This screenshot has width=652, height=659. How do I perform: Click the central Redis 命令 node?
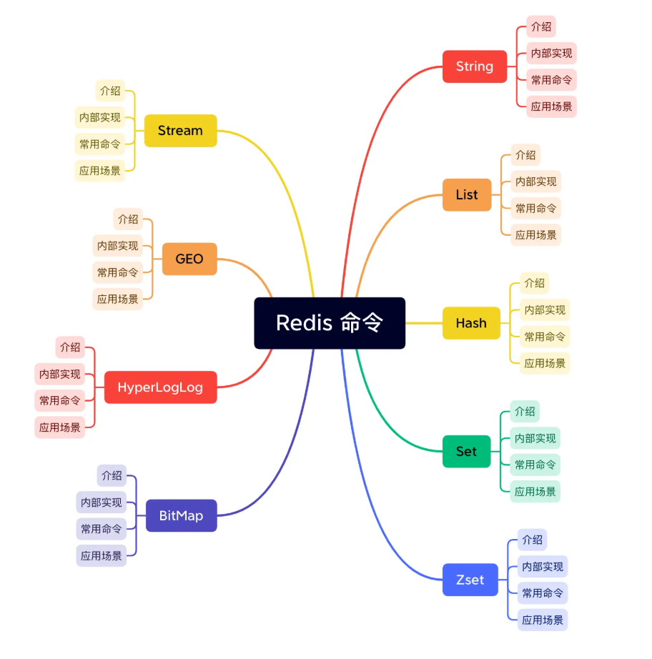pyautogui.click(x=330, y=323)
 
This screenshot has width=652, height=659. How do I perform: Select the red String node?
pyautogui.click(x=475, y=66)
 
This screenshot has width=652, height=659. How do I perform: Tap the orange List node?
pyautogui.click(x=467, y=194)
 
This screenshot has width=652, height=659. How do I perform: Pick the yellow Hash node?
pyautogui.click(x=471, y=323)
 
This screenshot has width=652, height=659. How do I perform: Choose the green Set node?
pyautogui.click(x=466, y=451)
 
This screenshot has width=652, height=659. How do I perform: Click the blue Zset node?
pyautogui.click(x=470, y=580)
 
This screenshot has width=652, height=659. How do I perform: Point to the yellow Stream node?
pyautogui.click(x=180, y=130)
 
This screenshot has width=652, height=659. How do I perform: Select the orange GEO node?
pyautogui.click(x=189, y=259)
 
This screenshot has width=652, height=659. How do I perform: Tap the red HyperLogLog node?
pyautogui.click(x=160, y=387)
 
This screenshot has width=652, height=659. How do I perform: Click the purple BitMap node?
pyautogui.click(x=181, y=515)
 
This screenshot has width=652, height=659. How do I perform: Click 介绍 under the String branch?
pyautogui.click(x=541, y=27)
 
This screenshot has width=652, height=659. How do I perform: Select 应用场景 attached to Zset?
pyautogui.click(x=543, y=620)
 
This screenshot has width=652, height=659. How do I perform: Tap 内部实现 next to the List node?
pyautogui.click(x=536, y=182)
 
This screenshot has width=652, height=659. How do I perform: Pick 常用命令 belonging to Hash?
pyautogui.click(x=545, y=337)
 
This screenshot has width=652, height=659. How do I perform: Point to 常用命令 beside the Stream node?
pyautogui.click(x=100, y=144)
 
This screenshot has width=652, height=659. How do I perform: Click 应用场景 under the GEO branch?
pyautogui.click(x=118, y=299)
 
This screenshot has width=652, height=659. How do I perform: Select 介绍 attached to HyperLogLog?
pyautogui.click(x=70, y=348)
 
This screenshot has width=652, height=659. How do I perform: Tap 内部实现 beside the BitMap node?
pyautogui.click(x=102, y=502)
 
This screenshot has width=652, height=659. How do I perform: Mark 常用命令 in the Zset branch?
pyautogui.click(x=543, y=593)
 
